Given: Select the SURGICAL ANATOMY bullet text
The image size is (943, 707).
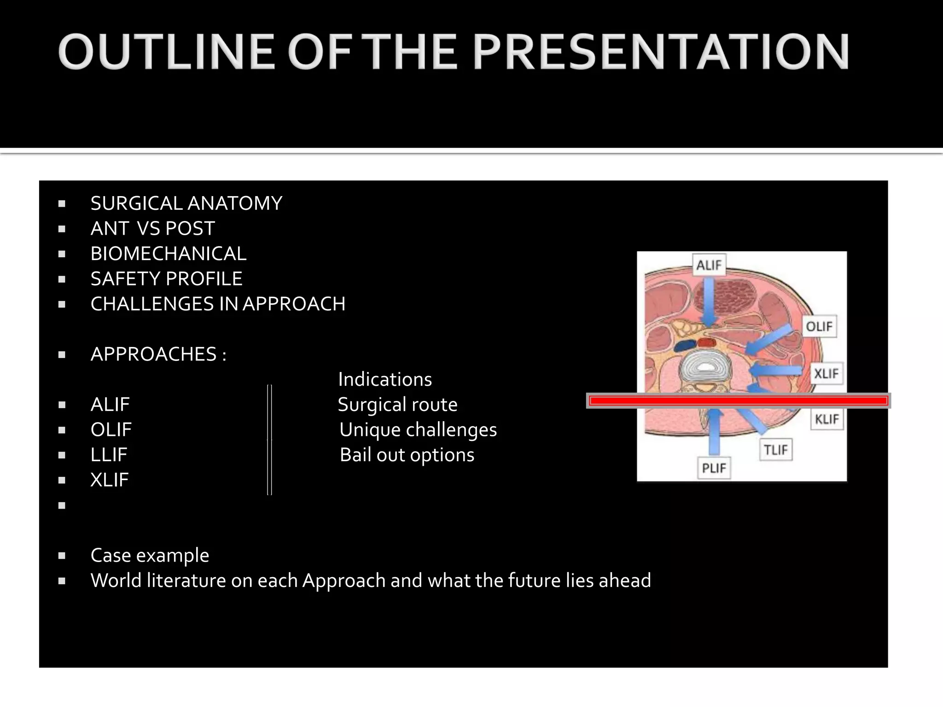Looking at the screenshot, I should (186, 203).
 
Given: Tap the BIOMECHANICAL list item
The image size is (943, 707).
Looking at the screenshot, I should (168, 254).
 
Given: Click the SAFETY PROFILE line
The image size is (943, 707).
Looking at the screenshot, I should (166, 279).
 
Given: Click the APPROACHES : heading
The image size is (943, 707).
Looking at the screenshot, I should (158, 354).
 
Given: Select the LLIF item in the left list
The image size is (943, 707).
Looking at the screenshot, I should (109, 455).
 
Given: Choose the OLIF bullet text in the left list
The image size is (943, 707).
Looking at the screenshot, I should (111, 430).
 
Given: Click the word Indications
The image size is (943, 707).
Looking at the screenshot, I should (385, 380).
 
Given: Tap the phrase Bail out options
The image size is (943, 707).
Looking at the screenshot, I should (407, 455).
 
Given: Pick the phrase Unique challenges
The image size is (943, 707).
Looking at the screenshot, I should (418, 430).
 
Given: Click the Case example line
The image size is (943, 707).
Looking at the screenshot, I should (150, 556).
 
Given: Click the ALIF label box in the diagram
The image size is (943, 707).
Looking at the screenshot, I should (709, 265).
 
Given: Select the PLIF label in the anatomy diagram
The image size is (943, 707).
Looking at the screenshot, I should (713, 468).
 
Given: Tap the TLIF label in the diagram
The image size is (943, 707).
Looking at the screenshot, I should (775, 450).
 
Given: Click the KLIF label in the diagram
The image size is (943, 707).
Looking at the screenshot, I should (827, 419).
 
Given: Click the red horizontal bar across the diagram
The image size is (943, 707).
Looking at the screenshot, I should (738, 401).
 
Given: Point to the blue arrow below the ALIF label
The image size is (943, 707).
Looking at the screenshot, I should (709, 304).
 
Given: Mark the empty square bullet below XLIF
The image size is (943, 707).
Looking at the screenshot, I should (62, 505).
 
